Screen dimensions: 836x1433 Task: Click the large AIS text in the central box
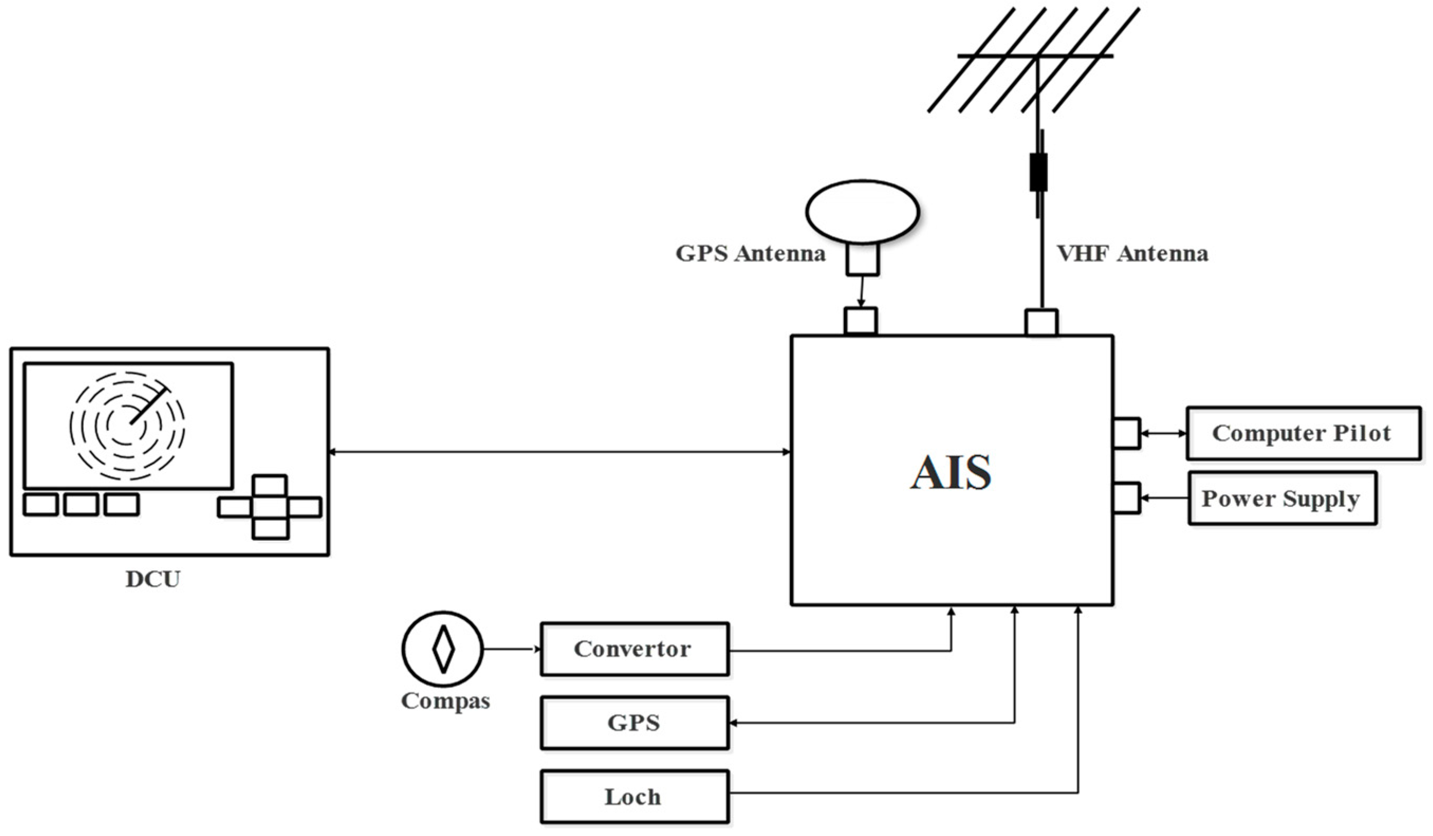click(x=951, y=472)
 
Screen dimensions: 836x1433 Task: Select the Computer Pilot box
click(x=1303, y=433)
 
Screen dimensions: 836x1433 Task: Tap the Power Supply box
click(x=1282, y=499)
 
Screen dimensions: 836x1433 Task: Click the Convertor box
click(x=634, y=649)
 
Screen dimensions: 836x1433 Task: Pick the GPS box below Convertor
click(x=634, y=723)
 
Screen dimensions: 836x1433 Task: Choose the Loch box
click(x=634, y=797)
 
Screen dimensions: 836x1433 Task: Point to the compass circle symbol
click(x=442, y=650)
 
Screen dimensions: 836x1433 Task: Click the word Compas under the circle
click(x=445, y=701)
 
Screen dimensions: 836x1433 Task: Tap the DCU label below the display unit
click(x=152, y=579)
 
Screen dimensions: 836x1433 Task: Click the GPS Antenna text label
click(x=750, y=253)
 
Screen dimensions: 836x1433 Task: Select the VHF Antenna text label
click(x=1132, y=253)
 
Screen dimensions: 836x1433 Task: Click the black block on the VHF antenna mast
click(x=1038, y=172)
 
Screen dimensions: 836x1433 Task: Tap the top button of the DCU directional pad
click(x=270, y=487)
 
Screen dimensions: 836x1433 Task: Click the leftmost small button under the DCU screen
click(x=40, y=505)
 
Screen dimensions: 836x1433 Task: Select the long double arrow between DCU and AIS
click(x=560, y=452)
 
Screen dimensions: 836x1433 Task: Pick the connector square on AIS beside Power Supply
click(x=1126, y=499)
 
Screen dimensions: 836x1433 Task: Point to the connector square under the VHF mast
click(x=1041, y=322)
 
